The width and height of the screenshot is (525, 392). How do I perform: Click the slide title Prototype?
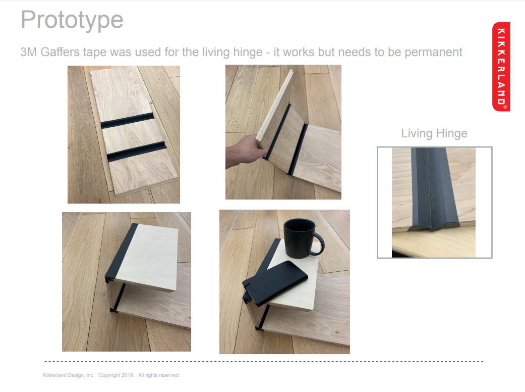tap(72, 20)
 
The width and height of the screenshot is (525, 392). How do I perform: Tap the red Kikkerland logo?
tap(501, 66)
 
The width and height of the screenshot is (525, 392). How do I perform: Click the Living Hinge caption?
tap(434, 133)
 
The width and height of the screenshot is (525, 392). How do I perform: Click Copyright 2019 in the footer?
tap(116, 375)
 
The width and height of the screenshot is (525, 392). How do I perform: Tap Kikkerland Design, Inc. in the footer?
tap(69, 375)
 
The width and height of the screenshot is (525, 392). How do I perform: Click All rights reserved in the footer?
tap(158, 375)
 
